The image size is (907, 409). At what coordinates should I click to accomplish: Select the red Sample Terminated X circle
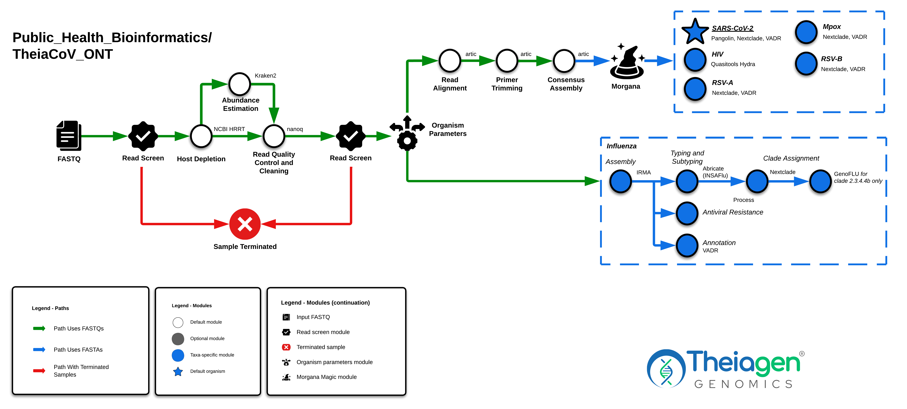pos(245,224)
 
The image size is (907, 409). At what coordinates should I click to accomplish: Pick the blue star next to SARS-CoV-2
pos(695,32)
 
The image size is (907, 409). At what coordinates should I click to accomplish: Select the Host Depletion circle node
pos(201,136)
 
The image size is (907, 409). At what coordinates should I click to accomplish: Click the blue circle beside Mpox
pos(806,32)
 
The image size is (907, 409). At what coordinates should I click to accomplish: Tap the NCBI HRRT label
pos(229,129)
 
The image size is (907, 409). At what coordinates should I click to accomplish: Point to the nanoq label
pos(295,129)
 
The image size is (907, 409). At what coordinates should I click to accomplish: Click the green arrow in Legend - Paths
pos(39,328)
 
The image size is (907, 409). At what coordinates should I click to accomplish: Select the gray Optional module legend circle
pos(178,338)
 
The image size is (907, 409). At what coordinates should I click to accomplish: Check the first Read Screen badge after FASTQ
pos(143,136)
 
